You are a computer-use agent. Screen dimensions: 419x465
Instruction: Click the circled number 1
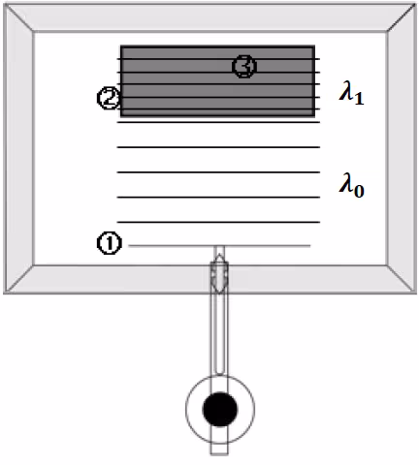[x=110, y=243]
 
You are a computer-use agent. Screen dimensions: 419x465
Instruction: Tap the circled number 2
[x=109, y=98]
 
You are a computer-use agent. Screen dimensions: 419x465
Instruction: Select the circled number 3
[x=244, y=66]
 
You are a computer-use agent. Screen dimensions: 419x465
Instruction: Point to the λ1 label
[x=351, y=93]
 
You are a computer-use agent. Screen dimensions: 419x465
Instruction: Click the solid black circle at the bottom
[x=220, y=409]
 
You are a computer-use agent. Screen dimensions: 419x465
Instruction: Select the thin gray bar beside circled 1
[x=219, y=246]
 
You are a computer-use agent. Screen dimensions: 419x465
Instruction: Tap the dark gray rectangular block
[x=217, y=81]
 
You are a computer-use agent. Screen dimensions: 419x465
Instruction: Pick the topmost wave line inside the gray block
[x=218, y=59]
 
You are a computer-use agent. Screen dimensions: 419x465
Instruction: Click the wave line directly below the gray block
[x=218, y=122]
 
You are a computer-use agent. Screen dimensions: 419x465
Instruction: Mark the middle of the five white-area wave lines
[x=218, y=172]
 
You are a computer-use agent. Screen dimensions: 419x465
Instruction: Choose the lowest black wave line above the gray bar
[x=218, y=222]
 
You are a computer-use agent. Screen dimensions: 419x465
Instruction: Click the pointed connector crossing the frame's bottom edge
[x=219, y=274]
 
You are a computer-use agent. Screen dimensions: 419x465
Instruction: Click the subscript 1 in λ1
[x=359, y=99]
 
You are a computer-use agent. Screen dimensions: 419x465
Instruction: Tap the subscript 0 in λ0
[x=359, y=191]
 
